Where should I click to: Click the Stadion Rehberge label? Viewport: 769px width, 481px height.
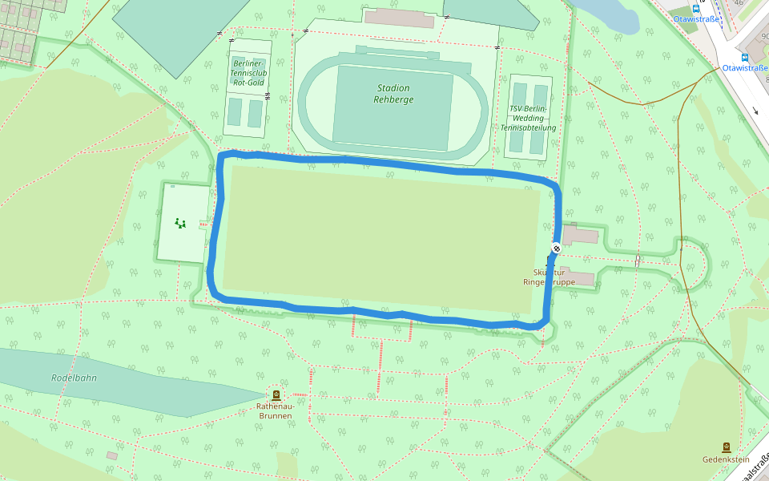(392, 94)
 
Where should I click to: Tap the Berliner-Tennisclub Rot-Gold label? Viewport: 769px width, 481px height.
(248, 72)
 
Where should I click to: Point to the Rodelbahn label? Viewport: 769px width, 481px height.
(74, 378)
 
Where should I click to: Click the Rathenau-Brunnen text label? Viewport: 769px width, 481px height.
(276, 410)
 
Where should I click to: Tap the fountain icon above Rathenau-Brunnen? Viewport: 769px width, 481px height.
(276, 394)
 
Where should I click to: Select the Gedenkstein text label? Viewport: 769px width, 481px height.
(726, 459)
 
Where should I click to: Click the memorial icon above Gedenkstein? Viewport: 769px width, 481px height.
(726, 447)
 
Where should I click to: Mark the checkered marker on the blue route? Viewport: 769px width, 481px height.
(556, 248)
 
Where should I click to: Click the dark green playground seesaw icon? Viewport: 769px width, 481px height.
(180, 223)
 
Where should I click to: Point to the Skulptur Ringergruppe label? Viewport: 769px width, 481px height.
(549, 277)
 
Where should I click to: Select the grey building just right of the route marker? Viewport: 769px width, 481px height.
(581, 236)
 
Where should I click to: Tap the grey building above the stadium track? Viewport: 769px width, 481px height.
(399, 18)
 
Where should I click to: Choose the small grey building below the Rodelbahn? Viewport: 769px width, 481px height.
(111, 455)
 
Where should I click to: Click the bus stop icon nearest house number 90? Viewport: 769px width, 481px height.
(745, 58)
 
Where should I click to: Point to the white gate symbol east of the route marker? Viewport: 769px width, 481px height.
(638, 260)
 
